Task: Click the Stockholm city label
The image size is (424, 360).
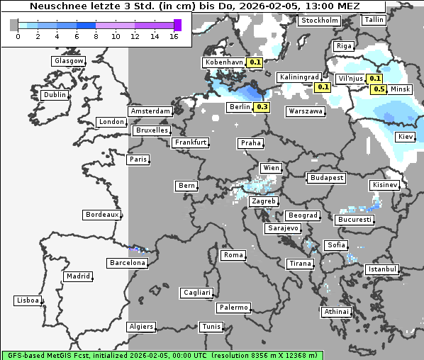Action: [x=319, y=21]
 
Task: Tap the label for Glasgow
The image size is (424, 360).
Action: [x=69, y=61]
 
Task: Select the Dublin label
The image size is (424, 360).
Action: [x=55, y=95]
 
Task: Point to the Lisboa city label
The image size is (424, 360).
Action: [x=28, y=300]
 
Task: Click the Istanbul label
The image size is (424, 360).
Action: [x=382, y=269]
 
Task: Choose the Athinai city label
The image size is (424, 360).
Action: [x=336, y=312]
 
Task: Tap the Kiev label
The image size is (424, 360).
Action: [x=406, y=137]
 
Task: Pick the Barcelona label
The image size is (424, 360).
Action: [x=128, y=263]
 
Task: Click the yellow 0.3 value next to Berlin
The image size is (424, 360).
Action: [x=262, y=107]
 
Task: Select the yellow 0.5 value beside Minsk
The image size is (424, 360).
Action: [x=379, y=89]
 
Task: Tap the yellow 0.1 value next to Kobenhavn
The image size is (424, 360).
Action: [x=255, y=62]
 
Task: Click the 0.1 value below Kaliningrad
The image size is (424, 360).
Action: [x=323, y=86]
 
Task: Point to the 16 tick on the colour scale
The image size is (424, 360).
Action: [x=174, y=36]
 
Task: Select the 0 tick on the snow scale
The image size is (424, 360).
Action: [x=17, y=36]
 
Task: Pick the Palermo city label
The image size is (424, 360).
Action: [x=233, y=308]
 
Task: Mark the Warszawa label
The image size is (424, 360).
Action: [x=306, y=111]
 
